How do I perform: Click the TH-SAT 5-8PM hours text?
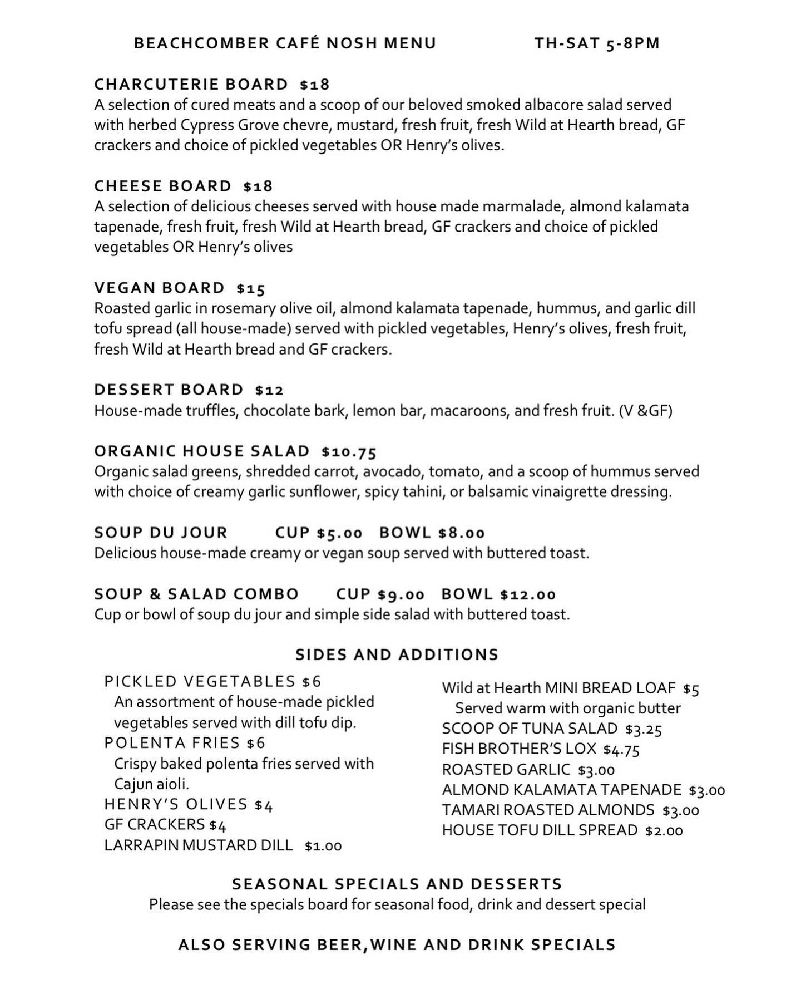[x=597, y=43]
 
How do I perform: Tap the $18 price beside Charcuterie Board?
[x=314, y=85]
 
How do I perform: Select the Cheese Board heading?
[x=162, y=186]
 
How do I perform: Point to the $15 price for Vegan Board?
[x=251, y=288]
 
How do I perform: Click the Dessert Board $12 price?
[x=270, y=390]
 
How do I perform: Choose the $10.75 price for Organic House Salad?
[x=349, y=451]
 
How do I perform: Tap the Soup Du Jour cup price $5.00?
[x=339, y=533]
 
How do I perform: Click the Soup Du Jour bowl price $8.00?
[x=461, y=533]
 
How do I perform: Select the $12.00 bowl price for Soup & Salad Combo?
[x=527, y=595]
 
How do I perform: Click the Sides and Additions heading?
[x=397, y=654]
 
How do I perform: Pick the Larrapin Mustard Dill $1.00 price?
[x=323, y=846]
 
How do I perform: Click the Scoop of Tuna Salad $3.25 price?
[x=644, y=729]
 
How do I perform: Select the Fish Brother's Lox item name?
[x=519, y=749]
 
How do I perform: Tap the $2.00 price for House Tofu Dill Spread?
[x=664, y=831]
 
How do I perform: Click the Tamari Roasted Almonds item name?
[x=548, y=810]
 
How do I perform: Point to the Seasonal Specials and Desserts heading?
[x=397, y=884]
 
